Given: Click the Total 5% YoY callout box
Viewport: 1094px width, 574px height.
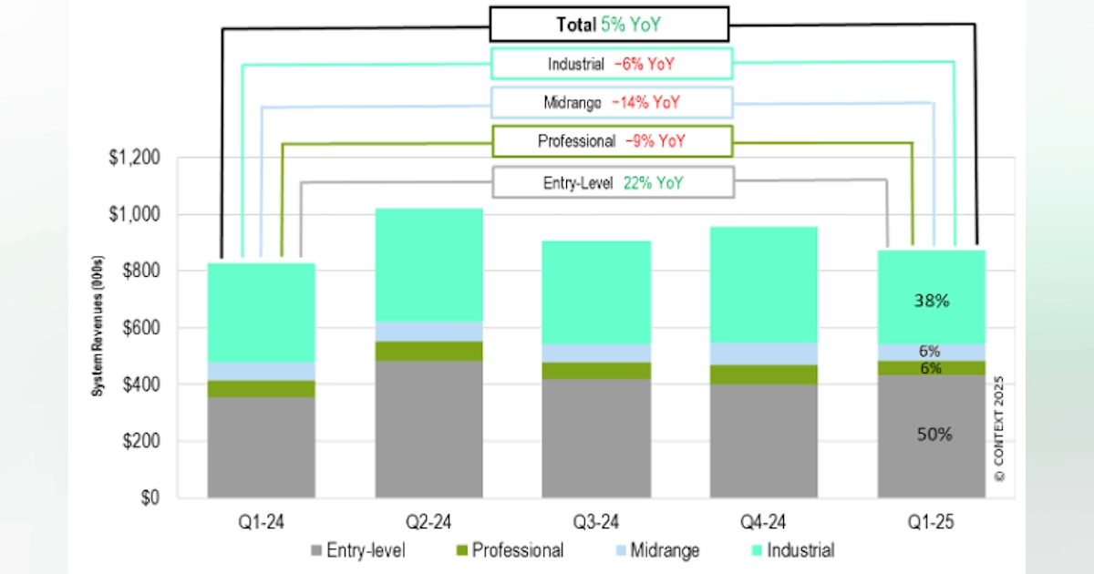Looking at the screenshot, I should (609, 24).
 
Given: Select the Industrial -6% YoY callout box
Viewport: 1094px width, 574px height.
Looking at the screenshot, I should (612, 64).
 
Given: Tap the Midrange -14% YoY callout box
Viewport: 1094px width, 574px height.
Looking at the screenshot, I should (612, 103).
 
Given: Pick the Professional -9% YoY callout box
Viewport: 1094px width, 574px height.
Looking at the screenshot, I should (612, 142).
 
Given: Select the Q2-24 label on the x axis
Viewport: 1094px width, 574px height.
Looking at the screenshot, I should (428, 523).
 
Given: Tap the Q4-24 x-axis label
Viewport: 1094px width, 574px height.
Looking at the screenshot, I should (764, 523).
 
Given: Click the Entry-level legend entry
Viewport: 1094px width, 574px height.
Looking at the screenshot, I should (357, 550).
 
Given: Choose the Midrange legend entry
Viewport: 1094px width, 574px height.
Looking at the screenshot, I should (656, 550).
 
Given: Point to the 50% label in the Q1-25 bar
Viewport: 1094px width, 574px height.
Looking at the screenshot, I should (933, 436).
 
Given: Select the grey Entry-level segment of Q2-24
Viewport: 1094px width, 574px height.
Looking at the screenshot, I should (428, 429).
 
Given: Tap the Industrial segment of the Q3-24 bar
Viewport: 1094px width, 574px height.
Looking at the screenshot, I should (596, 292).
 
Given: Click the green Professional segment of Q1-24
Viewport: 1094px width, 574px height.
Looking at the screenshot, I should (261, 388).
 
